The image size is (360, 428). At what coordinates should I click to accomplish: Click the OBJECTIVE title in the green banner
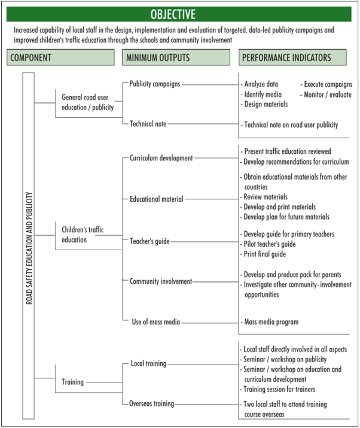(x=173, y=14)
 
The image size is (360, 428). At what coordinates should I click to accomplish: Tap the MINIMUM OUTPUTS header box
(x=176, y=57)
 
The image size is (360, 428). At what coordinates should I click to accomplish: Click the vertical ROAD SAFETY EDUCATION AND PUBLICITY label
(x=29, y=248)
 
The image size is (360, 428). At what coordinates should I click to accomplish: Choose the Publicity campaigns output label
(x=155, y=84)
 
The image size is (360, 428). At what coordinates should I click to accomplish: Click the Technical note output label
(x=148, y=124)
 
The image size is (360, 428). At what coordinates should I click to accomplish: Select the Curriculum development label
(x=161, y=158)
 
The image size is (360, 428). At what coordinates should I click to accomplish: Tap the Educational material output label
(x=156, y=199)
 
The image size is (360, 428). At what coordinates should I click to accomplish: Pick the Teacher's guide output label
(x=150, y=241)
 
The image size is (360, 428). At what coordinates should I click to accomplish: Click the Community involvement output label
(x=161, y=281)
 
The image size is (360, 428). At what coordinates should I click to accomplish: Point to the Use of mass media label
(x=155, y=322)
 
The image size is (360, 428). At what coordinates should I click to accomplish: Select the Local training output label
(x=148, y=363)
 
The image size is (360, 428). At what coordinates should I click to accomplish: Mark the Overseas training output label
(x=151, y=403)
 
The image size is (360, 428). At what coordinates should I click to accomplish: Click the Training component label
(x=72, y=382)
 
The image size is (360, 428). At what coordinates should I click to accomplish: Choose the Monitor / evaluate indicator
(x=326, y=95)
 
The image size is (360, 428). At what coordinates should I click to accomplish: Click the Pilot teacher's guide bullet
(x=268, y=244)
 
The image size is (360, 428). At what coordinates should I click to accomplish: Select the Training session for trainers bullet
(x=277, y=389)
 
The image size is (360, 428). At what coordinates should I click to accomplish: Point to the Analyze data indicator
(x=260, y=84)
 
